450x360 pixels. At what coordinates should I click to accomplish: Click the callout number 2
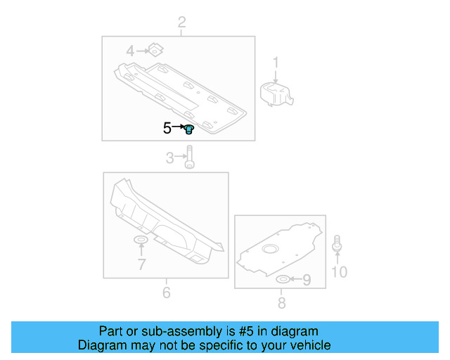(x=181, y=22)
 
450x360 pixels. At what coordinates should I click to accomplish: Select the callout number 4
(x=130, y=51)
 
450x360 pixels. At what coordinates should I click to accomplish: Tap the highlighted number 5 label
(x=167, y=128)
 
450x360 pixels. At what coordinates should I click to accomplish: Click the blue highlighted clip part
(x=189, y=129)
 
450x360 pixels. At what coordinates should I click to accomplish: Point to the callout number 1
(x=276, y=63)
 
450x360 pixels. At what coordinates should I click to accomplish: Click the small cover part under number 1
(x=276, y=94)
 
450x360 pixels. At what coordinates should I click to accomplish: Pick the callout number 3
(x=170, y=158)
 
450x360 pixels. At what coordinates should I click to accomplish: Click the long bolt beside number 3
(x=189, y=157)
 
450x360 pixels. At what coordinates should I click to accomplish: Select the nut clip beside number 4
(x=156, y=50)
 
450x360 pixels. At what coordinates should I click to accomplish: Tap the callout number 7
(x=142, y=264)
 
